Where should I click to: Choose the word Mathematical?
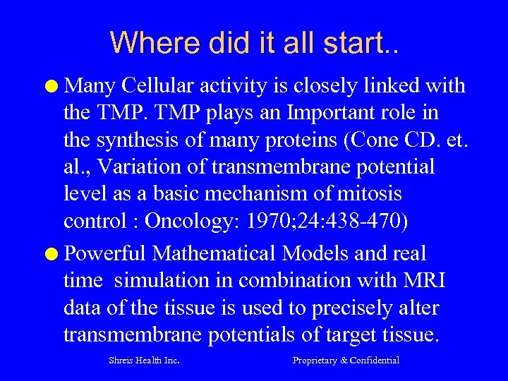214,253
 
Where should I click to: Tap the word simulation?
164,280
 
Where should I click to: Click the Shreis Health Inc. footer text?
144,361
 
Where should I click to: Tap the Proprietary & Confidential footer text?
346,361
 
